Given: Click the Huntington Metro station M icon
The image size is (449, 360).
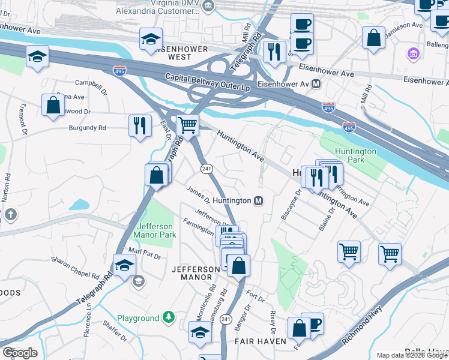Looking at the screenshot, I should [259, 200].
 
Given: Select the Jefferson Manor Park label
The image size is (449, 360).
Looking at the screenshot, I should [156, 230].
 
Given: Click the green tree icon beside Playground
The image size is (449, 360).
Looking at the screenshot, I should [170, 317].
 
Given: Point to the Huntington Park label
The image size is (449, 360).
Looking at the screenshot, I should [355, 156].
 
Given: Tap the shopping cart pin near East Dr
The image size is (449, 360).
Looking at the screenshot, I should [188, 126].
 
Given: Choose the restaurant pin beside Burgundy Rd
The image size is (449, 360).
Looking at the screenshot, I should [140, 125].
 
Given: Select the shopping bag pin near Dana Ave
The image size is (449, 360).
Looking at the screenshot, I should [53, 105].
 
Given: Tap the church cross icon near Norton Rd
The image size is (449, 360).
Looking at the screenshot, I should [10, 214].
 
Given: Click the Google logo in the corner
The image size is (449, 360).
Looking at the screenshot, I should [20, 353].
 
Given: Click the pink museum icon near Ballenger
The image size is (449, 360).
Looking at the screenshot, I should [412, 55].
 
